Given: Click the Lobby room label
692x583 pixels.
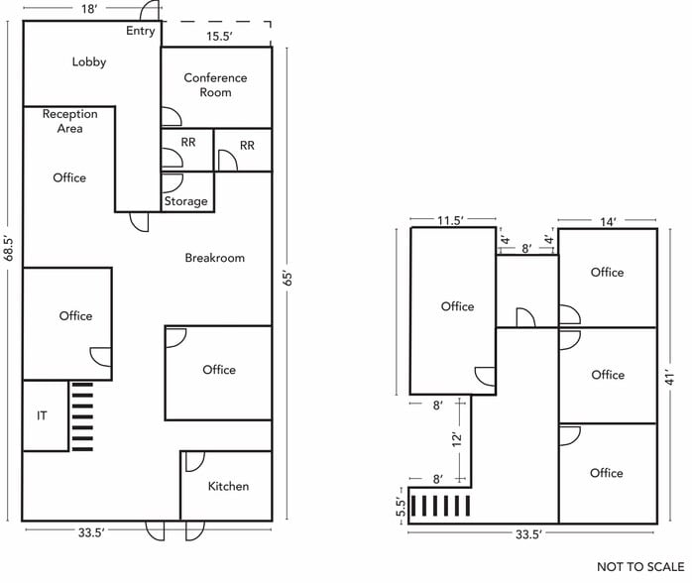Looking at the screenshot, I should [88, 61].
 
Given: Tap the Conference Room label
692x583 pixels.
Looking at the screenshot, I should [215, 85].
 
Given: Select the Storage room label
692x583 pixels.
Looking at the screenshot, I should [186, 201].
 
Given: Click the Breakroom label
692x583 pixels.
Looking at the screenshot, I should [214, 258].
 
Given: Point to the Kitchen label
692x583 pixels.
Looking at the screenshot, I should [228, 486].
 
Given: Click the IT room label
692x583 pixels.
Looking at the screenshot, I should [42, 416].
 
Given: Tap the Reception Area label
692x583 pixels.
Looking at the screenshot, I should [69, 121].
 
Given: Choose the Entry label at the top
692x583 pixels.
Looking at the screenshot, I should [141, 31].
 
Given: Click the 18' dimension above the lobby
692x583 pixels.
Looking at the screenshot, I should [89, 9].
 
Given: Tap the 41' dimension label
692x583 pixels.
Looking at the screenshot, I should [670, 378].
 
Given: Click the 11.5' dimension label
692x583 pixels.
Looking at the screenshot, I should [452, 221].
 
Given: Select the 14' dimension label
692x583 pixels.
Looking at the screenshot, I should [607, 222].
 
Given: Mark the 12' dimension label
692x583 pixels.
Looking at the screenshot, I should [458, 437].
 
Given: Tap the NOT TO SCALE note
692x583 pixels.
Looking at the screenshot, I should [640, 566].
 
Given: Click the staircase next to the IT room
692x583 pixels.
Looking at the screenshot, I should [81, 415].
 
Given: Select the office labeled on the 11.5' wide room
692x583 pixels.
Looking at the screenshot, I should [457, 306].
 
